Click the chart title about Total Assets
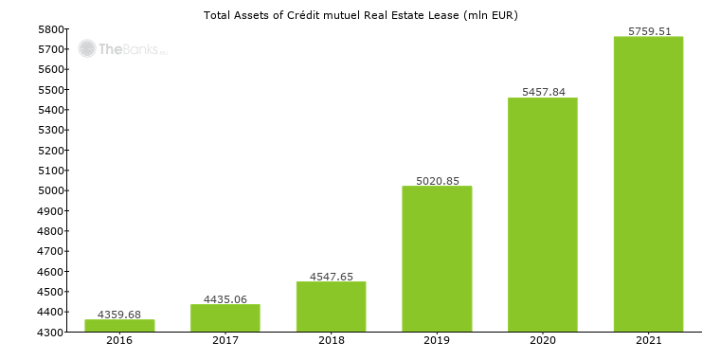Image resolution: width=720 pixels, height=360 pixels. pos(361,15)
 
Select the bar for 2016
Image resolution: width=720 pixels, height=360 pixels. pos(119,325)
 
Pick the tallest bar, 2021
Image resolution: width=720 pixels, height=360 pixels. pos(648,184)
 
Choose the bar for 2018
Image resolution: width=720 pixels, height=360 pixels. pos(331,306)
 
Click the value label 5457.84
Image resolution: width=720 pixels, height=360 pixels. pos(543,92)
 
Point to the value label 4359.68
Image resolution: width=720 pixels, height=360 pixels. pos(119,315)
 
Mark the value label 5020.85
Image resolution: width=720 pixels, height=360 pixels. pos(437,180)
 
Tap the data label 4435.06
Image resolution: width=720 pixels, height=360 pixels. pos(225,299)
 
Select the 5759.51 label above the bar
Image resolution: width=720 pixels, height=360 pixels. pos(649,31)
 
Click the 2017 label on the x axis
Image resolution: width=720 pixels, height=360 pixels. pos(225,340)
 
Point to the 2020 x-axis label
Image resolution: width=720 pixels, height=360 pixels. pos(543,340)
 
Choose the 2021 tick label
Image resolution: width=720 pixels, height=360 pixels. pos(649,340)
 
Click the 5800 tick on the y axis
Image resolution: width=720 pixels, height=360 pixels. pos(51,29)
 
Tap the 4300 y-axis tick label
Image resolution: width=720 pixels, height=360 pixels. pos(51,333)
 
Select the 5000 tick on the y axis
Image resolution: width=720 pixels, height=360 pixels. pos(51,190)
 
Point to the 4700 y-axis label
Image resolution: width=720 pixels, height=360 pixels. pos(51,251)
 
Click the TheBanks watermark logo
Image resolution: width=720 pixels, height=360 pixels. pos(122,48)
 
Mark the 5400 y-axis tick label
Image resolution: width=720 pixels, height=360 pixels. pos(51,110)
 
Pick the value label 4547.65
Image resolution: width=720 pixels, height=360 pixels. pos(331,277)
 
